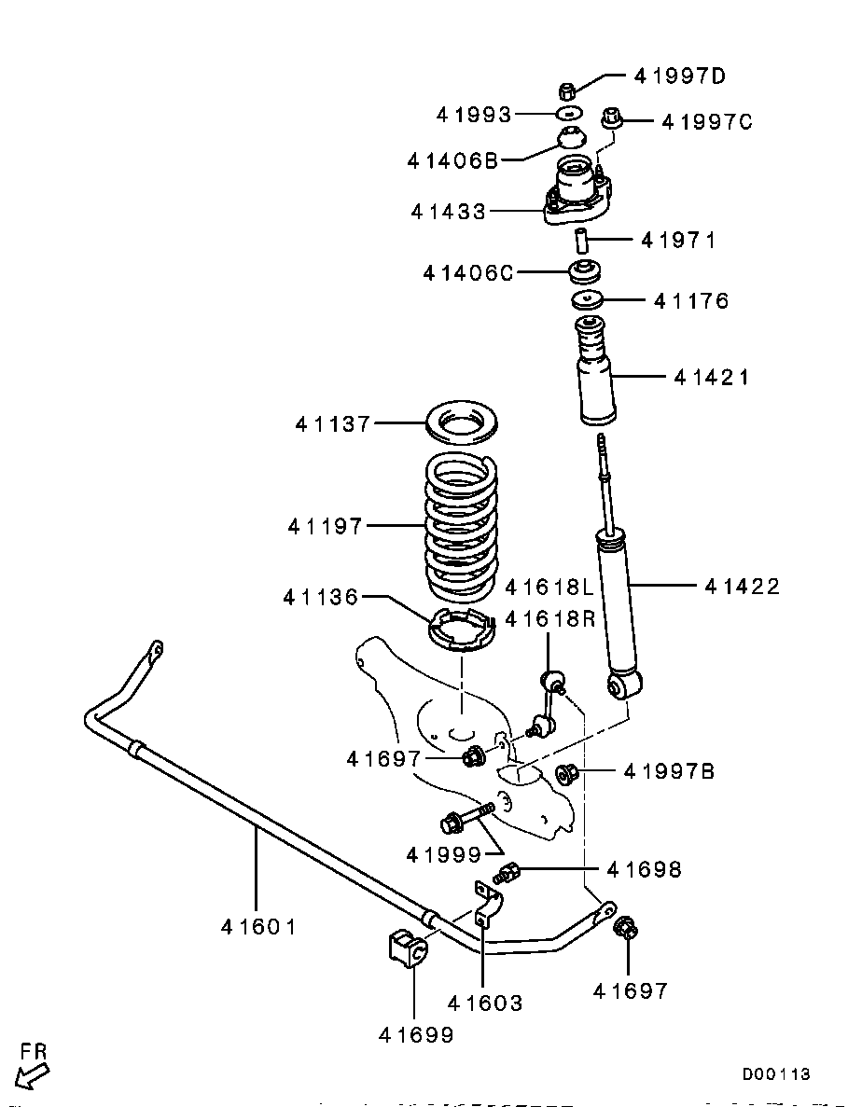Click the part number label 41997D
point(679,76)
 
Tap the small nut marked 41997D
point(565,91)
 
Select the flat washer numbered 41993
point(567,114)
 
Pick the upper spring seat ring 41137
point(461,424)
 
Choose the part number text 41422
point(742,587)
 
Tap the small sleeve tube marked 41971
point(581,240)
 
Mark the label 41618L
point(549,588)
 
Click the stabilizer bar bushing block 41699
point(407,949)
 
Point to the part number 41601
point(258,927)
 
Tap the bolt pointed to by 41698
point(507,875)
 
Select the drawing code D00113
point(776,1074)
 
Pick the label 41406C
point(467,273)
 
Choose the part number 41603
point(484,1003)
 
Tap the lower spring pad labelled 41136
point(460,631)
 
